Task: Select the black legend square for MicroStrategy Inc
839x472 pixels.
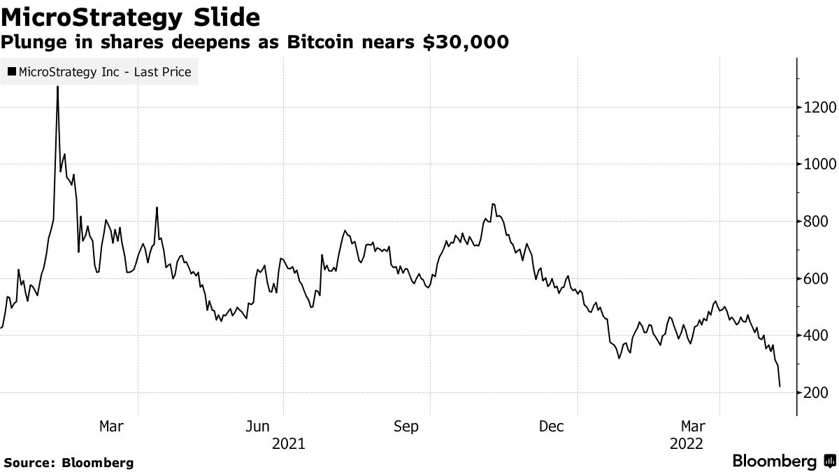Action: (x=12, y=72)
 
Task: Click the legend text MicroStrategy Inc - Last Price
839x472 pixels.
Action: (x=105, y=72)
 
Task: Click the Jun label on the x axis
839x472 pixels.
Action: (x=259, y=427)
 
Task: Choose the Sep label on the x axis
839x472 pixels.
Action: (x=406, y=427)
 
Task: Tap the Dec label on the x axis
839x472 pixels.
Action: (x=552, y=427)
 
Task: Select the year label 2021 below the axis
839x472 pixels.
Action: (x=288, y=443)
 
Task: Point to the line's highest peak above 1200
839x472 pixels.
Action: (x=57, y=87)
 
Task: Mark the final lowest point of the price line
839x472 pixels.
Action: (x=780, y=386)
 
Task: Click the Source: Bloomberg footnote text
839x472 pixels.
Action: (x=69, y=462)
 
